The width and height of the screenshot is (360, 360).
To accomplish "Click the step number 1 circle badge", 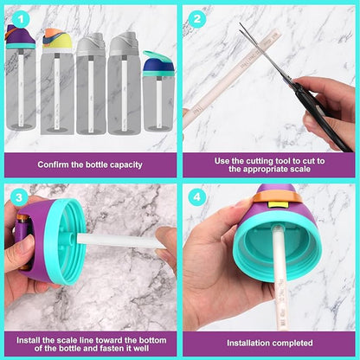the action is [x=21, y=19].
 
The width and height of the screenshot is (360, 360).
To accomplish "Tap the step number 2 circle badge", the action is [x=197, y=19].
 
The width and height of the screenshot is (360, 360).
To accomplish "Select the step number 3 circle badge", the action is [x=19, y=197].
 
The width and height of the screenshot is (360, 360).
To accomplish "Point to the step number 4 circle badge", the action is [x=197, y=197].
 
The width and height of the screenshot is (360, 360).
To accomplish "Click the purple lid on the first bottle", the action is [x=20, y=37].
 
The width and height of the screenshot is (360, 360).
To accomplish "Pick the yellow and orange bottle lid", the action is [x=57, y=39].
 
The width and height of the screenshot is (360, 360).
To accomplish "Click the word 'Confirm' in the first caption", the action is [x=53, y=164].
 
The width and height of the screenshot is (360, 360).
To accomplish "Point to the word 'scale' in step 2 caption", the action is [x=300, y=169].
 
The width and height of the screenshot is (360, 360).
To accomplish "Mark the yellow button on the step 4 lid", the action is [x=279, y=205].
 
